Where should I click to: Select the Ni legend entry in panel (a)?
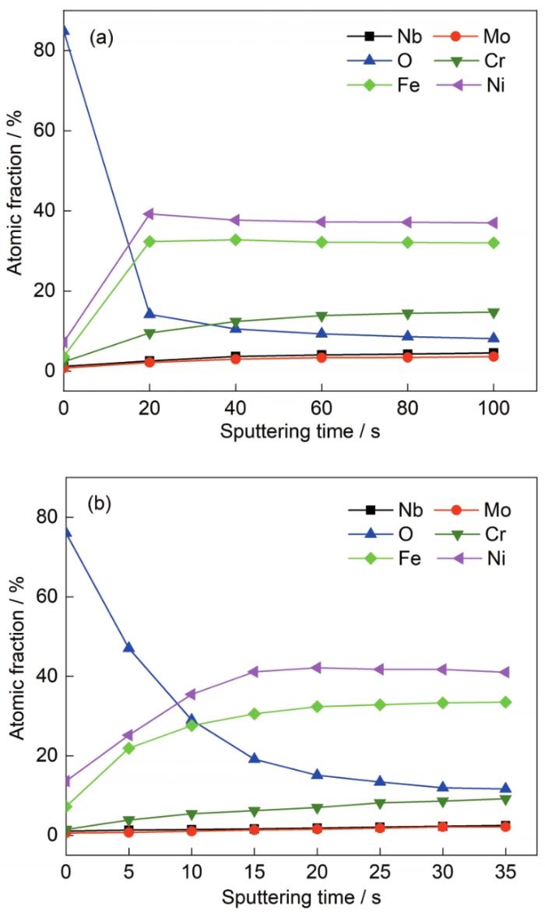[x=492, y=86]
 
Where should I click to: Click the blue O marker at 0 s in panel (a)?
[x=65, y=30]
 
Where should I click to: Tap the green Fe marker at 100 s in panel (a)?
[x=493, y=243]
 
